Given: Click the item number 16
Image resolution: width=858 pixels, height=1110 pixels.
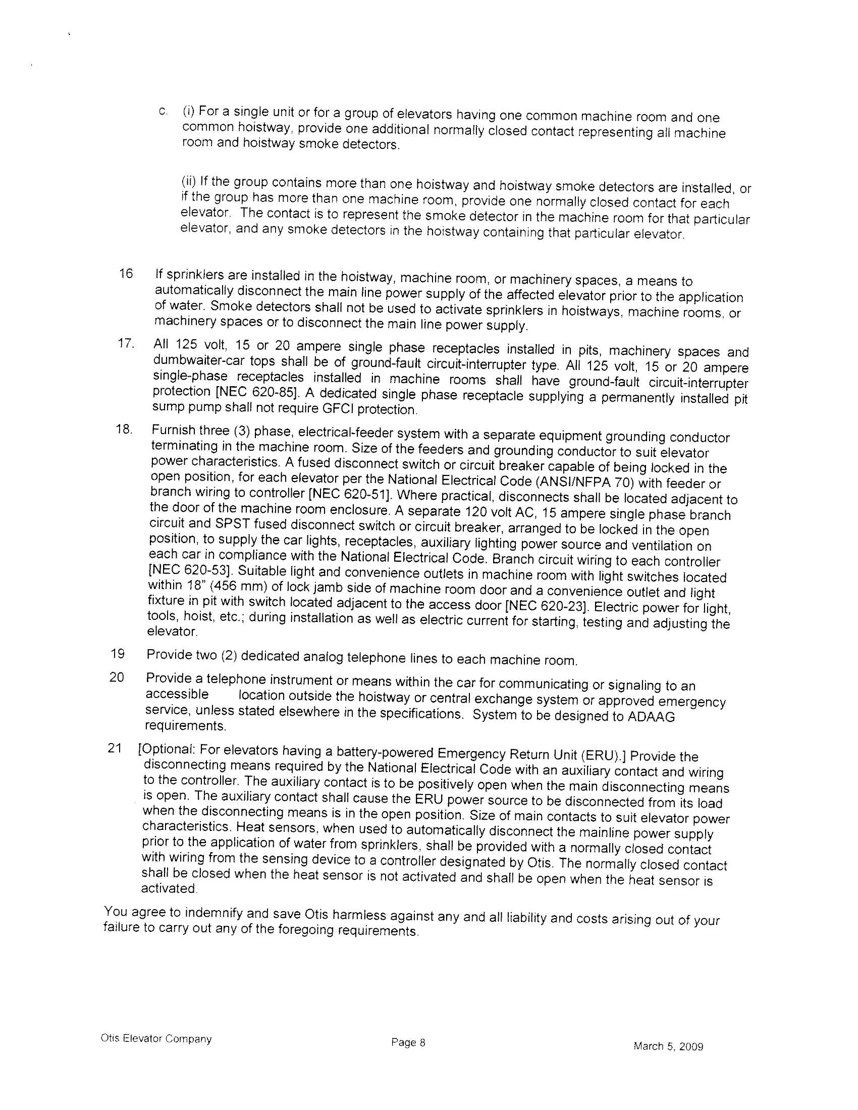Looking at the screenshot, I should point(126,274).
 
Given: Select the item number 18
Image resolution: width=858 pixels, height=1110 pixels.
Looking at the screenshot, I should point(124,430).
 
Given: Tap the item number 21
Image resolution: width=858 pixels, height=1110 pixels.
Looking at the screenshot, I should point(115,748).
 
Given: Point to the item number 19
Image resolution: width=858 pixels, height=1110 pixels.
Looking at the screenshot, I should point(118,654).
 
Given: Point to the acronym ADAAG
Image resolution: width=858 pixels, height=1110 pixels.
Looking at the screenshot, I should point(650,717).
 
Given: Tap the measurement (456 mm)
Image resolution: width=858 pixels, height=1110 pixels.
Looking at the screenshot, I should point(228,586).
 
